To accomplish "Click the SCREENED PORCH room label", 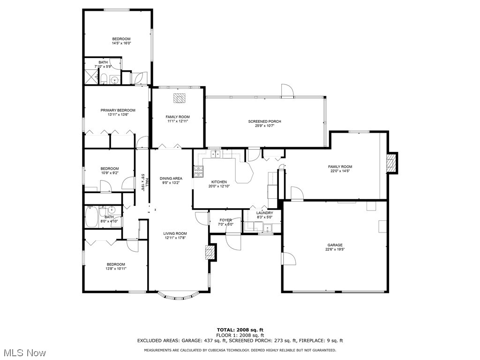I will click(x=265, y=121).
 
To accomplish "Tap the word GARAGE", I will click(x=335, y=245).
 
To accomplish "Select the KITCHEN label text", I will click(x=219, y=182).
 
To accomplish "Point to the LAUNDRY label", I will click(x=264, y=213).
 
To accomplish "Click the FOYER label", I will click(x=225, y=220).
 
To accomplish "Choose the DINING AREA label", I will click(x=171, y=178).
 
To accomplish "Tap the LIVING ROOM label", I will click(x=175, y=233).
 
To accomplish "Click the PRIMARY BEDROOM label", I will click(x=118, y=110).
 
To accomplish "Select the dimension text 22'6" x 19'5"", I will click(x=335, y=249).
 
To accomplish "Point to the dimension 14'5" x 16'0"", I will click(x=121, y=43).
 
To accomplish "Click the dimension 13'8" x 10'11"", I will click(x=116, y=269).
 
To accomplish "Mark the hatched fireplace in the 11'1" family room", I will click(x=180, y=98).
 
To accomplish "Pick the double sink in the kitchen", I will click(x=216, y=153).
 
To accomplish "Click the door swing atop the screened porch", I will click(x=286, y=90).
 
